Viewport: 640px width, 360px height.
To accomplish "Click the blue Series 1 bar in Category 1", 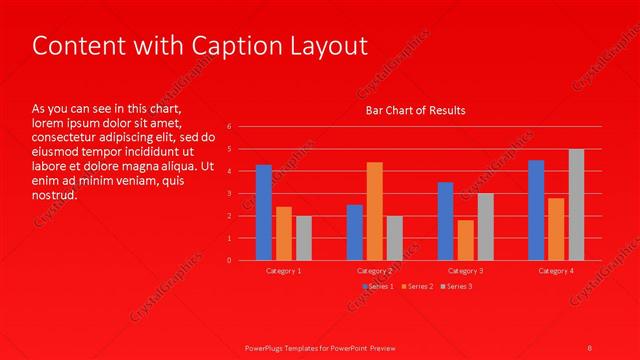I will (264, 212).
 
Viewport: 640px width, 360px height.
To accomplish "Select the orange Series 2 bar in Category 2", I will (375, 211).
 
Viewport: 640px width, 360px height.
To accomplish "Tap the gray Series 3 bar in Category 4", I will (576, 204).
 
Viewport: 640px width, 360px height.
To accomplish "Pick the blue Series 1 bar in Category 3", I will (445, 221).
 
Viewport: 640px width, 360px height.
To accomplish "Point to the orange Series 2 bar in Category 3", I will (466, 240).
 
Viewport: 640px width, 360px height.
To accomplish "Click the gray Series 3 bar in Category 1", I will (304, 238).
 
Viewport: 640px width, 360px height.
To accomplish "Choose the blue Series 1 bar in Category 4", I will (536, 210).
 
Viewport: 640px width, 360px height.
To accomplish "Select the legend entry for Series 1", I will (378, 287).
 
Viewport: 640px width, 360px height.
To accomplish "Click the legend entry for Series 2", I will (418, 287).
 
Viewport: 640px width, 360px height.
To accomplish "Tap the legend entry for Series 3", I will (458, 287).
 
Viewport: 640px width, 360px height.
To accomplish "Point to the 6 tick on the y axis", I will (229, 127).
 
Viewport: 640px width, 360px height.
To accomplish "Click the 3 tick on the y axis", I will (229, 194).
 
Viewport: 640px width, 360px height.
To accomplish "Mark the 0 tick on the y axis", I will (229, 260).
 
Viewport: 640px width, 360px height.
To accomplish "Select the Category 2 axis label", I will (375, 271).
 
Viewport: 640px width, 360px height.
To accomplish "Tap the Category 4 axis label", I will (556, 271).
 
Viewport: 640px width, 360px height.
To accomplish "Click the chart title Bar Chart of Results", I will (415, 110).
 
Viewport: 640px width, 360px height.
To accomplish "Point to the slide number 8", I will (590, 347).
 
